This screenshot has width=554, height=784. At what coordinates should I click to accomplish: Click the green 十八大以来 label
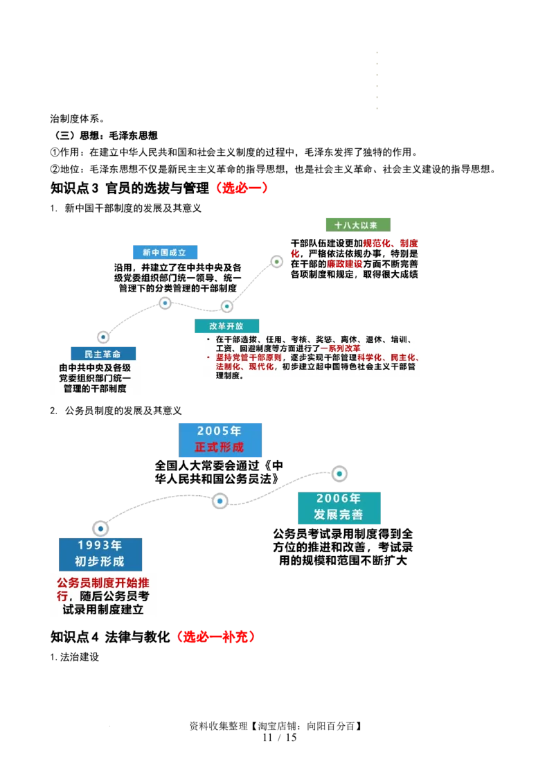[357, 224]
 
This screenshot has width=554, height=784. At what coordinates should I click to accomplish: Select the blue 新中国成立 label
[164, 252]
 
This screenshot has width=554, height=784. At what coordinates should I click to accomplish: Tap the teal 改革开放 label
[226, 326]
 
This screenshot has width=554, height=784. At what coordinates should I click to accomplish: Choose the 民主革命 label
[102, 353]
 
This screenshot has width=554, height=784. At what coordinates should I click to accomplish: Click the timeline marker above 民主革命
[103, 337]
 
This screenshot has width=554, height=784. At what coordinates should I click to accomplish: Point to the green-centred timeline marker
[276, 262]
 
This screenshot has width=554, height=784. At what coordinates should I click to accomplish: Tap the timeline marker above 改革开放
[226, 306]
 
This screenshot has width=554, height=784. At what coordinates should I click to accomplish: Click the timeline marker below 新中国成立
[165, 303]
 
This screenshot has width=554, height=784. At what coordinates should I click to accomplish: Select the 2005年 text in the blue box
[220, 431]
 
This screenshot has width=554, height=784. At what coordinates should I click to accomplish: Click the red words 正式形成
[220, 447]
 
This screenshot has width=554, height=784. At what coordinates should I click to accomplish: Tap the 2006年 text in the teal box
[339, 499]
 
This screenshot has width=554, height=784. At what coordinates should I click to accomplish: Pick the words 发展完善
[339, 515]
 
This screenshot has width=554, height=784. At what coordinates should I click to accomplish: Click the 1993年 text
[100, 546]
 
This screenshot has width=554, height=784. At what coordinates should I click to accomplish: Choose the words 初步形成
[100, 562]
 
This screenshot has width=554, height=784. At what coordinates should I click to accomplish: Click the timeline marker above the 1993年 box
[100, 528]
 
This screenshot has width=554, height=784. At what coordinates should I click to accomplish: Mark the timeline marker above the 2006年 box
[339, 474]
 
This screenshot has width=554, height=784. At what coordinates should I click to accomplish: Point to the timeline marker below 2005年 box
[220, 501]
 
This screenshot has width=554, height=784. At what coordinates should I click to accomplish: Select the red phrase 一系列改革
[340, 348]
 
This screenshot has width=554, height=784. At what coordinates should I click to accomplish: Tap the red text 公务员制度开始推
[103, 583]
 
